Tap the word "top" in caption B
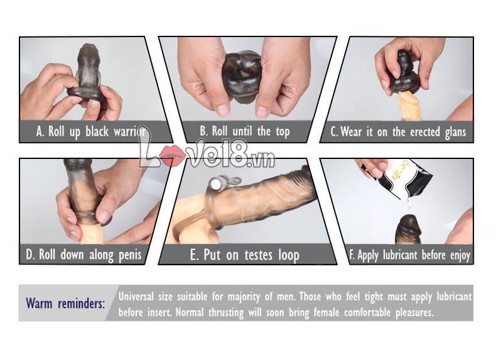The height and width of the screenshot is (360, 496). tap(283, 132)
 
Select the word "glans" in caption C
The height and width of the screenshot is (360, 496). tap(455, 133)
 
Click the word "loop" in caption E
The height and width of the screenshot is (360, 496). tap(288, 255)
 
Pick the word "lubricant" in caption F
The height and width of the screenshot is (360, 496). tap(400, 254)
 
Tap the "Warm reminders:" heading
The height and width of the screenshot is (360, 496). tap(65, 303)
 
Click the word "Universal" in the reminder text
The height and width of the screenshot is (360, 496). tap(136, 297)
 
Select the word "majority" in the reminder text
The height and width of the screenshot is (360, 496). tap(244, 297)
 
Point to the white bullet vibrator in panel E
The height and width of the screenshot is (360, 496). tap(217, 183)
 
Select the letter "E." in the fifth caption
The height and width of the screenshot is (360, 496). tap(194, 255)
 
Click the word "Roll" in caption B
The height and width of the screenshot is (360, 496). tap(220, 131)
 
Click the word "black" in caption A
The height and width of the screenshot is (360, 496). tap(97, 131)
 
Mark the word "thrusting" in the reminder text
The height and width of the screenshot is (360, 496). tap(226, 313)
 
